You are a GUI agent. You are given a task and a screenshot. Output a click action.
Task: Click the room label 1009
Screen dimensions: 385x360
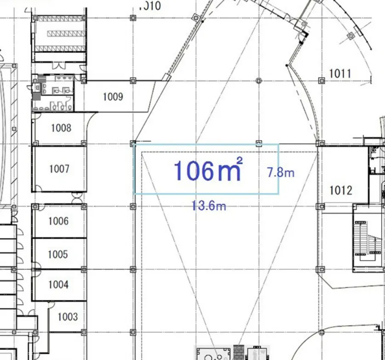click(x=113, y=97)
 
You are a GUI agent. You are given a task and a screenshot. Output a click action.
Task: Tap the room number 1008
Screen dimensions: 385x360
click(x=61, y=128)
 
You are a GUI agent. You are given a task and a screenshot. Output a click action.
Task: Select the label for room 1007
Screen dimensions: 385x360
click(x=59, y=169)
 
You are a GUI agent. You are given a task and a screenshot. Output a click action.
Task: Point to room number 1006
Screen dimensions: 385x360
click(x=58, y=221)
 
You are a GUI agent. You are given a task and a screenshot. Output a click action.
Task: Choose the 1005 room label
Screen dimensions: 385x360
click(x=58, y=254)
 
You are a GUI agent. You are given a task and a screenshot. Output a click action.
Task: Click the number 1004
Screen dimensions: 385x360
click(x=58, y=284)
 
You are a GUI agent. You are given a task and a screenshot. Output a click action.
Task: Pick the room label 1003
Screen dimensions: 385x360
click(x=68, y=316)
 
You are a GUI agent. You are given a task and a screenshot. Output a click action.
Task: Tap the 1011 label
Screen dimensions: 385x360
click(x=340, y=73)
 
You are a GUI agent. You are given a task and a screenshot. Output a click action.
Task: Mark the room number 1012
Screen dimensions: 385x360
click(x=341, y=191)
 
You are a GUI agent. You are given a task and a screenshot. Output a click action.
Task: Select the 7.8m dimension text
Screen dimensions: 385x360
click(x=281, y=172)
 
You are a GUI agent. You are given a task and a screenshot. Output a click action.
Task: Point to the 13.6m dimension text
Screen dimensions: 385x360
click(x=209, y=206)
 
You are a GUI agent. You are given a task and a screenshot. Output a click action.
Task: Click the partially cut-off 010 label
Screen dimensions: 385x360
click(x=150, y=6)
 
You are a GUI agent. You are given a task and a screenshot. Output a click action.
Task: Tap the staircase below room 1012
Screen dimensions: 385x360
click(x=366, y=238)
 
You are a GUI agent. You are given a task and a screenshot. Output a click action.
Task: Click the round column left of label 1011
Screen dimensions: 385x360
click(x=259, y=80)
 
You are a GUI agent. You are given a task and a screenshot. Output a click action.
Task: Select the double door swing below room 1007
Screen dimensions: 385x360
click(x=77, y=197)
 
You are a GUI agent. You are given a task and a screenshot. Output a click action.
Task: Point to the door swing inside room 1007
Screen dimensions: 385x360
click(x=37, y=188)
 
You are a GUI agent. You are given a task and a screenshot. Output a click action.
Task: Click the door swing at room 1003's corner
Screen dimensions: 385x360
click(x=51, y=304)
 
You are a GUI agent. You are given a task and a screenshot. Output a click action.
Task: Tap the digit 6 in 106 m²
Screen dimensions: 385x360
click(x=205, y=171)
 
